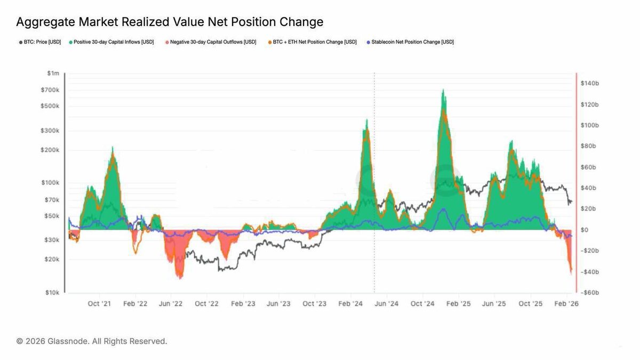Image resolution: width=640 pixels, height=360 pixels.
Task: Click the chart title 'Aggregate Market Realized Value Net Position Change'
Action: (x=170, y=22)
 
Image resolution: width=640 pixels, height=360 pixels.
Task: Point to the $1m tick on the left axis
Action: (x=53, y=73)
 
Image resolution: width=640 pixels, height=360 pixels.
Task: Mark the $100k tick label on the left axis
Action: (x=51, y=183)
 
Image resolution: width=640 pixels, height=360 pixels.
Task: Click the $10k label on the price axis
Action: (x=52, y=293)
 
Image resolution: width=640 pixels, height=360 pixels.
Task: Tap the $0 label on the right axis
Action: (x=585, y=230)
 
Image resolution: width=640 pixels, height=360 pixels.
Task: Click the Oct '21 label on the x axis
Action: (x=99, y=303)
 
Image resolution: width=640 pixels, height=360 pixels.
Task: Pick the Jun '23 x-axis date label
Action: (x=278, y=303)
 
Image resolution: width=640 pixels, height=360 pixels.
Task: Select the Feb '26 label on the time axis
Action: (x=567, y=303)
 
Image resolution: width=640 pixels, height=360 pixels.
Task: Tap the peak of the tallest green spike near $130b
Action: (x=444, y=91)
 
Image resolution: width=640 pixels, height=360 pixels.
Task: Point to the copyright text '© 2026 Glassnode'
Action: (x=92, y=341)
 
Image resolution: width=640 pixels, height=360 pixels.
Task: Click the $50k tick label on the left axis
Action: (x=52, y=216)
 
